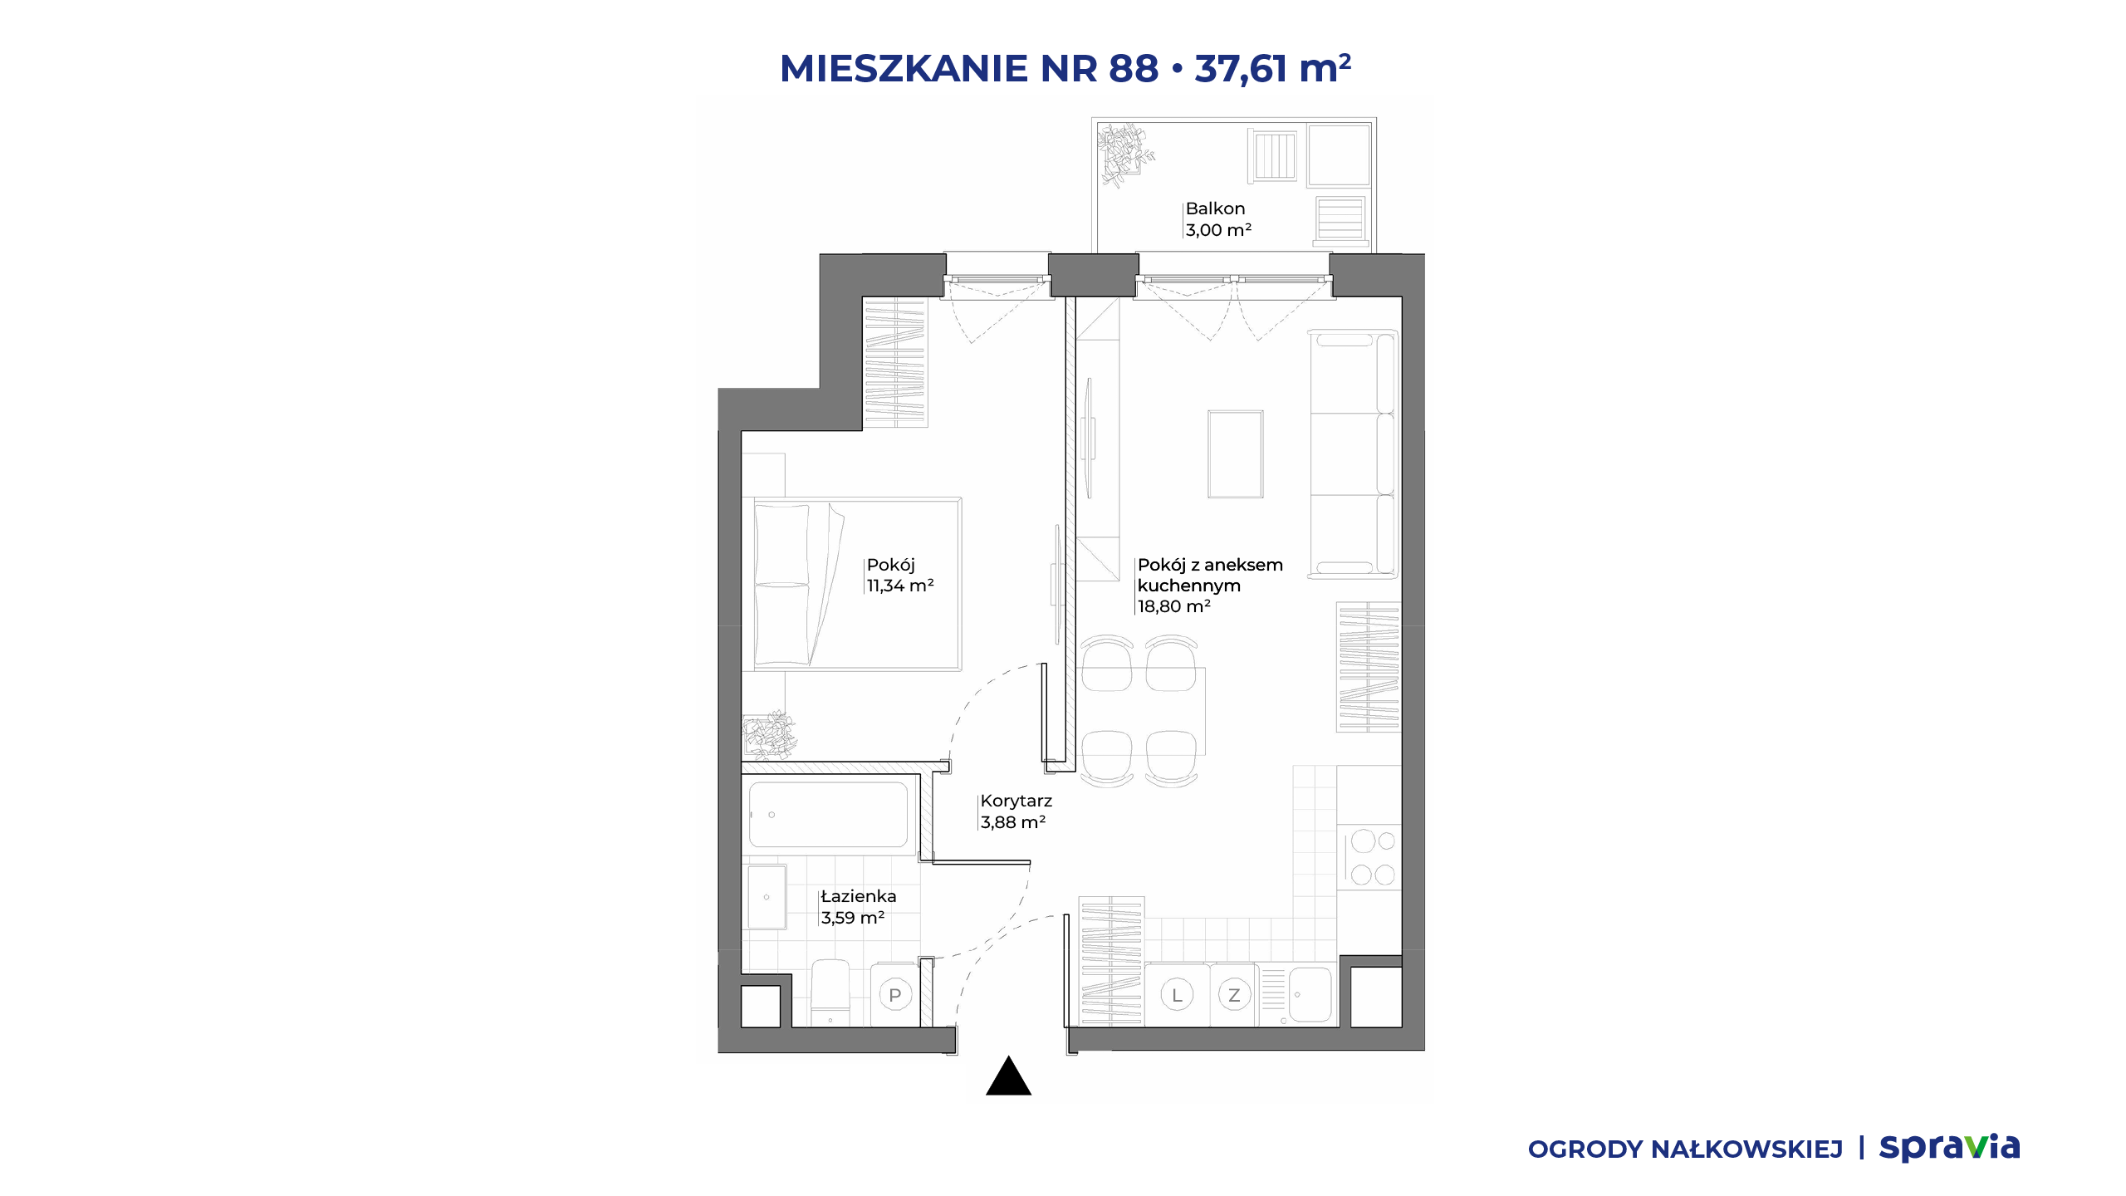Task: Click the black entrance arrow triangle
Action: [1008, 1076]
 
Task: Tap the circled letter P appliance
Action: [894, 995]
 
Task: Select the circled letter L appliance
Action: [1177, 995]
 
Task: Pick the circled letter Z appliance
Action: [1234, 995]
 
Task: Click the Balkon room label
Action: [1215, 208]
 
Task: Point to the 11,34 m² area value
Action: [900, 586]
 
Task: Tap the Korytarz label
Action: [1016, 801]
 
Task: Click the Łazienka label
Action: [859, 896]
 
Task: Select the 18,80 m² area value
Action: [1173, 606]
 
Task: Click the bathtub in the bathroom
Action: [829, 815]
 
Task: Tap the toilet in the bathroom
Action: [830, 993]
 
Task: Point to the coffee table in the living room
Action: [1236, 454]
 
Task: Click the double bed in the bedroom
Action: [857, 584]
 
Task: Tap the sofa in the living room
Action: [1354, 453]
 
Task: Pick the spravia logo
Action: [1949, 1148]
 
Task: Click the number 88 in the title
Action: [1134, 68]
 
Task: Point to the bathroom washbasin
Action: [767, 897]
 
